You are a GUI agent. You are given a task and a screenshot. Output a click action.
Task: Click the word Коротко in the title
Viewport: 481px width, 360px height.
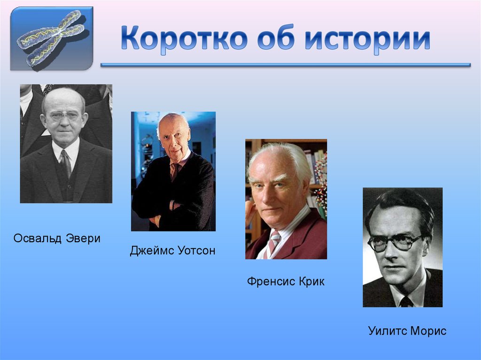coord(183,39)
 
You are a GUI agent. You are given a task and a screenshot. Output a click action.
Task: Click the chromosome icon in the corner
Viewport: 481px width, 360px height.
coord(52,38)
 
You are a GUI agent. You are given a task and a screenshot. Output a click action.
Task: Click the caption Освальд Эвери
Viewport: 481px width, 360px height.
coord(57,238)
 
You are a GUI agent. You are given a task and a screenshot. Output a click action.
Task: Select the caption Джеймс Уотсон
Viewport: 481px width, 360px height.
coord(172,251)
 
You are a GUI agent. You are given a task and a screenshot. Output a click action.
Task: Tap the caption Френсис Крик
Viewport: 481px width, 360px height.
coord(286,282)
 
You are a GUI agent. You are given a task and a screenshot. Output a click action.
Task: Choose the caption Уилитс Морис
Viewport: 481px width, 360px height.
coord(407,331)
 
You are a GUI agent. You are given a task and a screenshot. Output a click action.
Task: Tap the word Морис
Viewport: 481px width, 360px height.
coord(427,331)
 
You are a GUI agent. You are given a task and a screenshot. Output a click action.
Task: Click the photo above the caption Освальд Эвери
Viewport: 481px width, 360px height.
coord(66,144)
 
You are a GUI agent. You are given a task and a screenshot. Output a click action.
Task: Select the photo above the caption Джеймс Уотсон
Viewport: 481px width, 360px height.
coord(173,171)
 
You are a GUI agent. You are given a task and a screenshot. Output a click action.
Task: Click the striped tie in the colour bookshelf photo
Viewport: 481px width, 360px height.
coord(273,243)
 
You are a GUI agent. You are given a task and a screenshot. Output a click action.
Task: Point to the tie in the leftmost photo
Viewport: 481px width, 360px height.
coord(65,162)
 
